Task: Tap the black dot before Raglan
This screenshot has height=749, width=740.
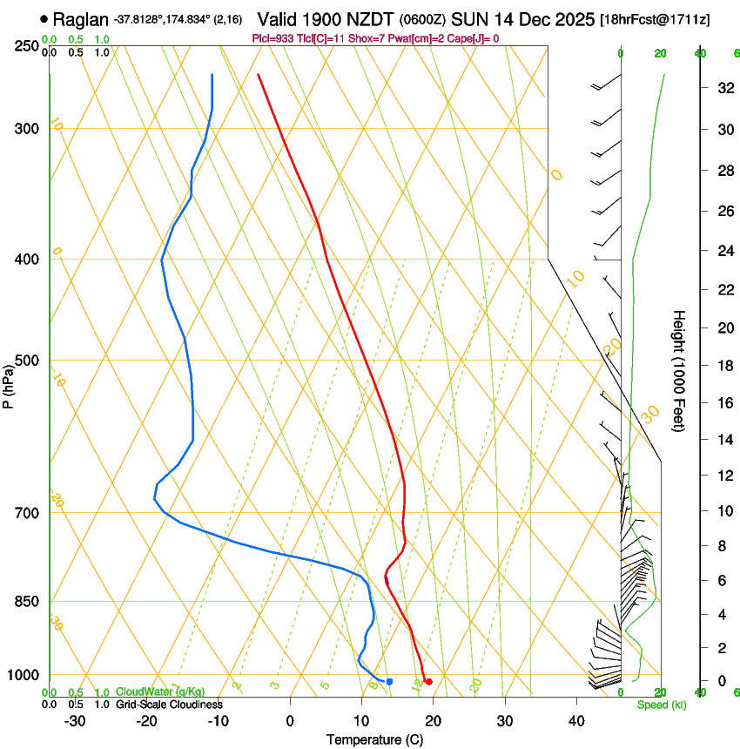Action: [44, 18]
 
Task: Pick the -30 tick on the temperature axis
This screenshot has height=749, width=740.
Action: [75, 721]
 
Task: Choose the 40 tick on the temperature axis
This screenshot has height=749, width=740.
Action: [576, 721]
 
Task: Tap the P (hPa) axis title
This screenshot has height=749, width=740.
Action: [8, 382]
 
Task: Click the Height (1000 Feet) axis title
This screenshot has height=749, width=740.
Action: [679, 371]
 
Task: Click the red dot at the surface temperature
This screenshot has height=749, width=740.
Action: [428, 681]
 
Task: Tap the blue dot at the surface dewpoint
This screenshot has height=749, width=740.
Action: [389, 681]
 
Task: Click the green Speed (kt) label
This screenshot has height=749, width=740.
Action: [661, 705]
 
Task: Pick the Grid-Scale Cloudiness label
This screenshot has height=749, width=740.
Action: [169, 704]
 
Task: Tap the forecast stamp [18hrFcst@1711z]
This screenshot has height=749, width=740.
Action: [654, 19]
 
